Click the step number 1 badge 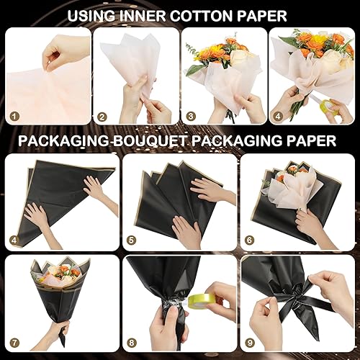click(x=14, y=116)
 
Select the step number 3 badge click(x=191, y=116)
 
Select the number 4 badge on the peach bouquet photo click(x=279, y=116)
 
